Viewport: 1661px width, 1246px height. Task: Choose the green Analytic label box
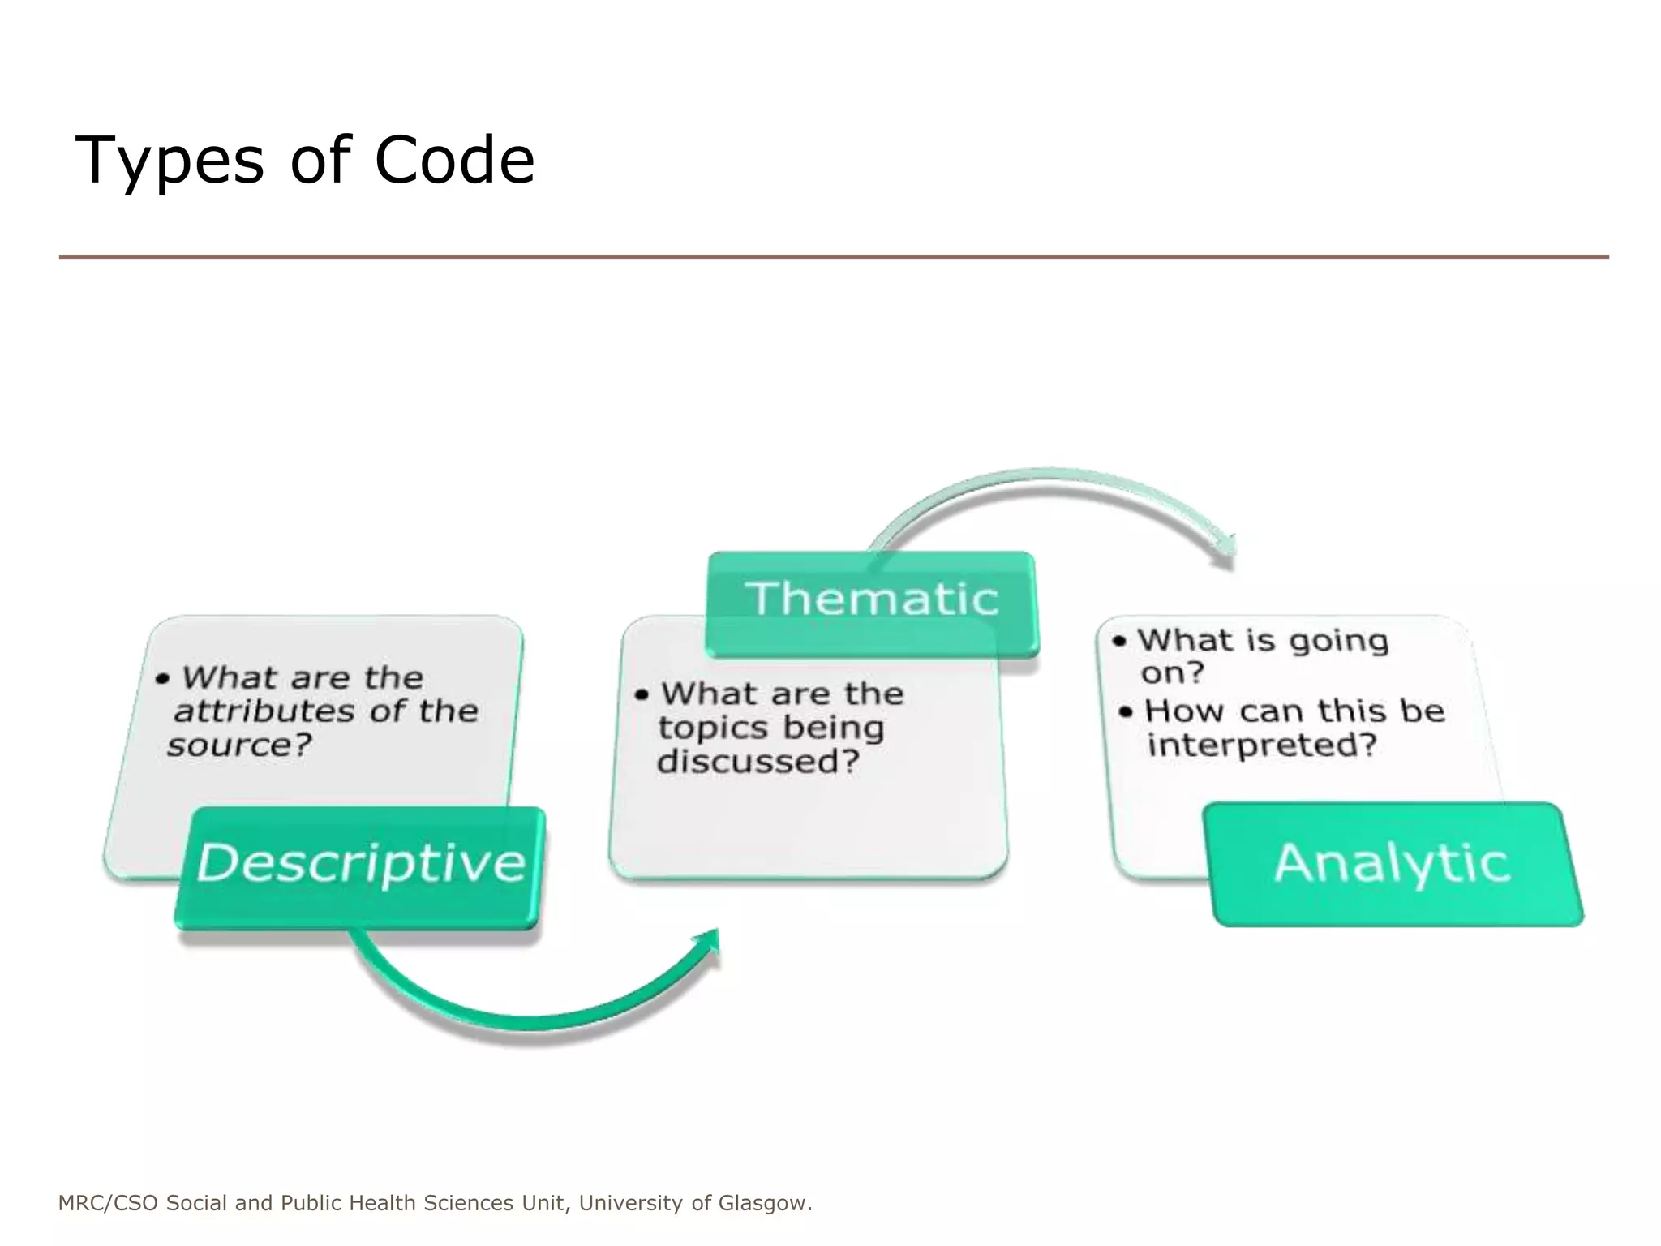(x=1393, y=863)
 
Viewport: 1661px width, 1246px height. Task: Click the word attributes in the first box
(x=264, y=711)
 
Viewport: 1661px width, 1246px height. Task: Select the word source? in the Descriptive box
(x=239, y=745)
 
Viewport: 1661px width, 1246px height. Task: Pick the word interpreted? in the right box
(x=1262, y=745)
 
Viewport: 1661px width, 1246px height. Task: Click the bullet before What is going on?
(x=1120, y=642)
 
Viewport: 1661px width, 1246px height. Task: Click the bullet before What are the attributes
(x=163, y=678)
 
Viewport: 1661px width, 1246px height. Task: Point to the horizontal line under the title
(x=833, y=257)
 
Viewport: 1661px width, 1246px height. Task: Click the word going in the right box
(x=1339, y=642)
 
